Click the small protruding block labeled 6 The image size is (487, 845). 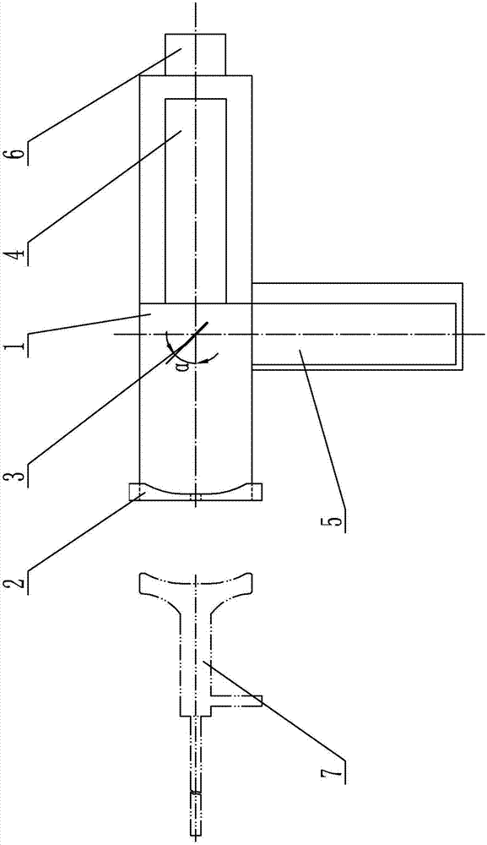(195, 54)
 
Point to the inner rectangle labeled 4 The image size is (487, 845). (195, 200)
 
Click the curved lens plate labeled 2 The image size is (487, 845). (195, 492)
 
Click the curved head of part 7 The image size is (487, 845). (195, 586)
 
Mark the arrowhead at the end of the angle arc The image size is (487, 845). (215, 356)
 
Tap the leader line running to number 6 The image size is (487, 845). (104, 95)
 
